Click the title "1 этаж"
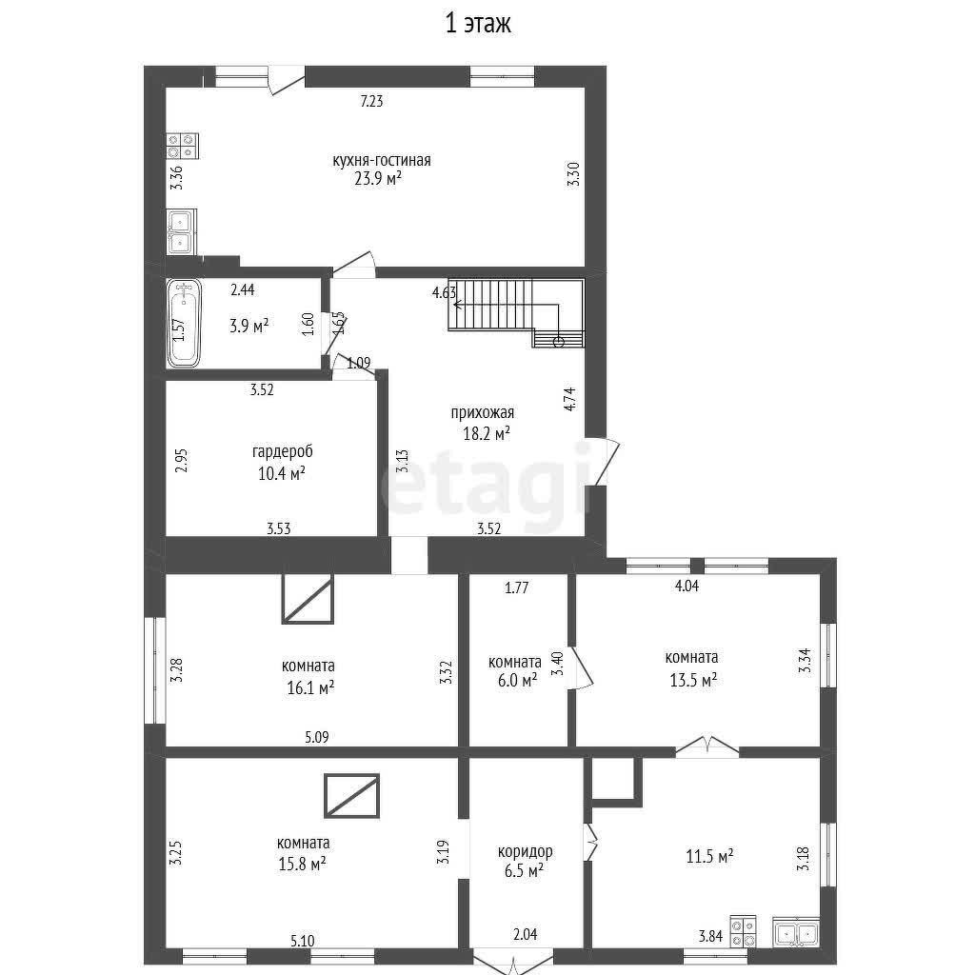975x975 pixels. pyautogui.click(x=478, y=24)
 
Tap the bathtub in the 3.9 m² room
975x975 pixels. pyautogui.click(x=184, y=323)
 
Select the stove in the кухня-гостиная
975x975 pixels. pyautogui.click(x=182, y=146)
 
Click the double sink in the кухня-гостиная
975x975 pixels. pyautogui.click(x=181, y=231)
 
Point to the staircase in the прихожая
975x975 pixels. pyautogui.click(x=516, y=312)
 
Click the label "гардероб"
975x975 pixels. pyautogui.click(x=282, y=451)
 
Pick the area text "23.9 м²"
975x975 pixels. pyautogui.click(x=378, y=179)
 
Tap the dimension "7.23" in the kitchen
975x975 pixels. pyautogui.click(x=372, y=101)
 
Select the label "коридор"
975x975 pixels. pyautogui.click(x=525, y=851)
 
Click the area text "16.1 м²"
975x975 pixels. pyautogui.click(x=310, y=687)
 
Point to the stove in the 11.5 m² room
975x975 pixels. pyautogui.click(x=743, y=931)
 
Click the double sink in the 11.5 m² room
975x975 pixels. pyautogui.click(x=796, y=931)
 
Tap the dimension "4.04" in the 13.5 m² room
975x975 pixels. pyautogui.click(x=686, y=586)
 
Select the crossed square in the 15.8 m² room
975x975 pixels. pyautogui.click(x=352, y=795)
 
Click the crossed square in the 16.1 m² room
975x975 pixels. pyautogui.click(x=308, y=599)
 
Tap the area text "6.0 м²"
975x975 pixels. pyautogui.click(x=517, y=680)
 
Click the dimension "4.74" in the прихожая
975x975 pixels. pyautogui.click(x=569, y=399)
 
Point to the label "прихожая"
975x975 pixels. pyautogui.click(x=483, y=412)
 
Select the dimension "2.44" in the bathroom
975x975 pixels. pyautogui.click(x=243, y=289)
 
